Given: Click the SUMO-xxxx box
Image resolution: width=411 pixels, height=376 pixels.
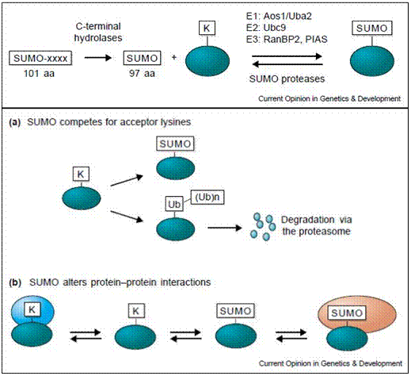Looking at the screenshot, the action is tap(40, 58).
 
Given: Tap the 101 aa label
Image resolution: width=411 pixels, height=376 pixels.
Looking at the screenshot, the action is tap(39, 74).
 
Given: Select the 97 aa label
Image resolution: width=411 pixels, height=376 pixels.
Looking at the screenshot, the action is tap(142, 74).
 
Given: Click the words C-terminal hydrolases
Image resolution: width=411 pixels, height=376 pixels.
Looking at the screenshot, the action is tap(98, 32).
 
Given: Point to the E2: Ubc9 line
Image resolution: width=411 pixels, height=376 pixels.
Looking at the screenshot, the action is tap(266, 28).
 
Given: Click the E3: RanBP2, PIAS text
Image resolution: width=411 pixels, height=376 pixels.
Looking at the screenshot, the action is tap(287, 39).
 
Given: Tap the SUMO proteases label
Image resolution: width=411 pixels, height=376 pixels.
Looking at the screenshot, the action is tap(287, 79).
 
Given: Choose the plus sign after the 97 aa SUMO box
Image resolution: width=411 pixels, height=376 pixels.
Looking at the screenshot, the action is tap(174, 57).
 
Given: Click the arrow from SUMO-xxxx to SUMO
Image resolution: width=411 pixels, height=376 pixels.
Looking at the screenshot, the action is tap(98, 57).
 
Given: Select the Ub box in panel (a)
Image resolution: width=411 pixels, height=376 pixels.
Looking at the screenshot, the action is tap(174, 204).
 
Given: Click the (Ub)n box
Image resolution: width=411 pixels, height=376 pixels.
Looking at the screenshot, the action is tap(207, 198).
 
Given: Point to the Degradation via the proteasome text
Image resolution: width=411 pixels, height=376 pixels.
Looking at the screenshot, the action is tap(316, 225).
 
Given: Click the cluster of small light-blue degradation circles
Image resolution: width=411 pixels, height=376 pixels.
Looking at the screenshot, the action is tap(263, 227).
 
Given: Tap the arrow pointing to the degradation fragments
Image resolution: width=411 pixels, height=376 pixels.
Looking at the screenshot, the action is tap(225, 228).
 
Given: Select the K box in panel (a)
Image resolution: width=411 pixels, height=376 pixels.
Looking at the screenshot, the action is tap(81, 174).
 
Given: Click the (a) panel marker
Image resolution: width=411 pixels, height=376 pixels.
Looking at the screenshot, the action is tap(15, 122).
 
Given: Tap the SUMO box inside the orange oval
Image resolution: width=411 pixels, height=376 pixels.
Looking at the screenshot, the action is tap(347, 313).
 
